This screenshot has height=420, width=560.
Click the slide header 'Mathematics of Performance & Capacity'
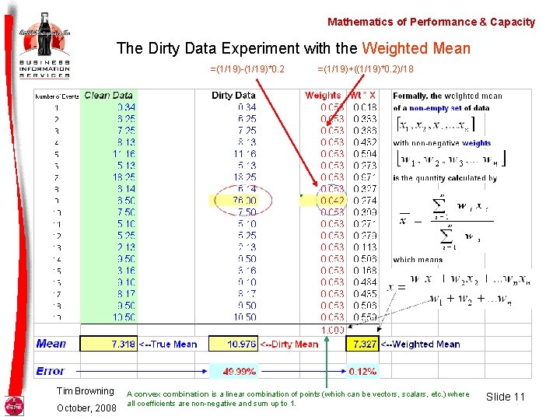tap(431, 22)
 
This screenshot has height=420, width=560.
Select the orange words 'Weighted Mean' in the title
tap(416, 49)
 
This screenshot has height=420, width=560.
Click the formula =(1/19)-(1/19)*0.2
tap(247, 69)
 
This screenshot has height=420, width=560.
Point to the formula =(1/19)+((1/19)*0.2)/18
tap(366, 69)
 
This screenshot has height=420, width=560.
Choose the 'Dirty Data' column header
tap(233, 96)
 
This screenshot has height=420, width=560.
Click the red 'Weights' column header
tap(323, 96)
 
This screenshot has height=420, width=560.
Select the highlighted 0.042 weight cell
tap(332, 201)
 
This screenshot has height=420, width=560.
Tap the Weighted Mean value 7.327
tap(363, 344)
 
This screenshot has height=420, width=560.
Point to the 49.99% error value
tap(240, 372)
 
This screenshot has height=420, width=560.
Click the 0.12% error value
tap(363, 372)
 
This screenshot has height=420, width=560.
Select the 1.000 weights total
tap(332, 330)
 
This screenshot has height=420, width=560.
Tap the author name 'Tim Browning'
tap(85, 391)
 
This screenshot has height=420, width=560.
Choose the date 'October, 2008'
tap(86, 408)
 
